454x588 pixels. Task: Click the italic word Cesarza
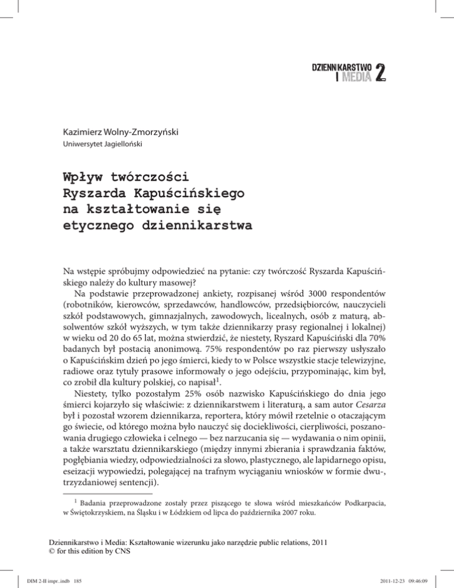[x=382, y=400]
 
